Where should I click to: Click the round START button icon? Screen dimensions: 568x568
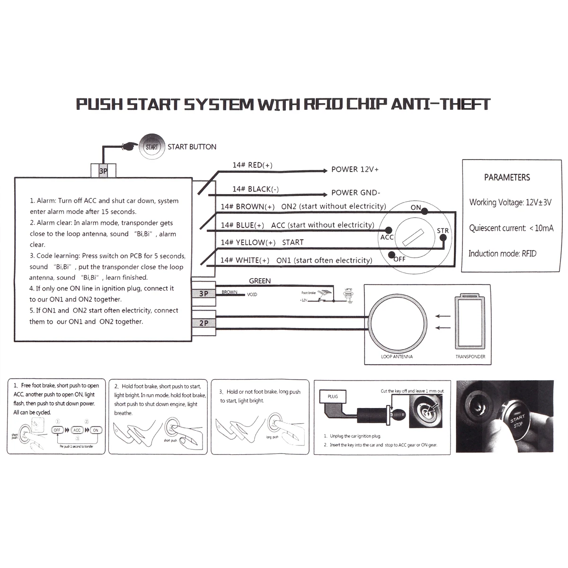pos(151,147)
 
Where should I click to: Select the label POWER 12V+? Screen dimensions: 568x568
pos(355,169)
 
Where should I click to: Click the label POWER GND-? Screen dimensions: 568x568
pos(355,193)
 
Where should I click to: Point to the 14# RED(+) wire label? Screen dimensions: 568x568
pos(252,165)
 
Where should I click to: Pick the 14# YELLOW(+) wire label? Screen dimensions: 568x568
pos(248,242)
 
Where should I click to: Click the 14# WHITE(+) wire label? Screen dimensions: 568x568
pos(245,260)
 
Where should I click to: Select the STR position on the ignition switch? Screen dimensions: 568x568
pos(443,231)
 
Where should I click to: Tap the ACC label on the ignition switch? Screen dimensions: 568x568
pos(387,237)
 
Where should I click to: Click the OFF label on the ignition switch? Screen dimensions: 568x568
pos(399,259)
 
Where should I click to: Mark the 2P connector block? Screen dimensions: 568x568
pos(204,323)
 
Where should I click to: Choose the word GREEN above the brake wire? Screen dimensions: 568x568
pos(260,281)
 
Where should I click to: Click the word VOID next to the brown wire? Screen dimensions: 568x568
pos(252,295)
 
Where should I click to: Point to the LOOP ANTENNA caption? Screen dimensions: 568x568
pos(397,356)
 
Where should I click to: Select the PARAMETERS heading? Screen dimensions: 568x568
pos(507,177)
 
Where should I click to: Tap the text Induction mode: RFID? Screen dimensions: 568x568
pos(502,254)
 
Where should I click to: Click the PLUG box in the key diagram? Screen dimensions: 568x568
pos(333,396)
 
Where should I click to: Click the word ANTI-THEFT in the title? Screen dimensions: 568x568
pos(440,104)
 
